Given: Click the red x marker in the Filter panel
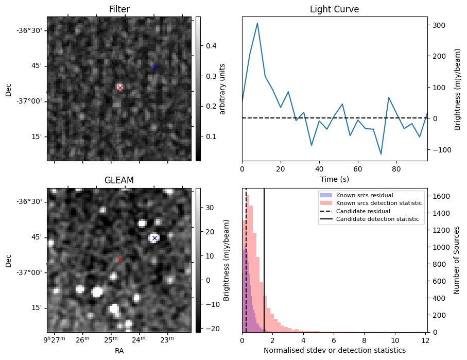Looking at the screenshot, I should (120, 88).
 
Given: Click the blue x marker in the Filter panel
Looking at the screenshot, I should (154, 66).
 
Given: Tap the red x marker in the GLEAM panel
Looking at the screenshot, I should (120, 259).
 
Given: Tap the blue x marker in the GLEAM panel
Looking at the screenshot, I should (154, 238).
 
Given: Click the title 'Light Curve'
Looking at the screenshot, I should (334, 10).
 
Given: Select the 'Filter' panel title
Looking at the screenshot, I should (119, 10).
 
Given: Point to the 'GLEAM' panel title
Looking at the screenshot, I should (119, 180).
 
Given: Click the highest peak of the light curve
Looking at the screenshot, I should (257, 23).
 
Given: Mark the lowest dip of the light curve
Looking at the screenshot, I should (381, 154).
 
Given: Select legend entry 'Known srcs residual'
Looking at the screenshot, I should (364, 195).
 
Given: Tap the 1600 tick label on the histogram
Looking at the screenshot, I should (441, 196).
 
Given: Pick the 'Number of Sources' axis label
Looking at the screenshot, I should (457, 260).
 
